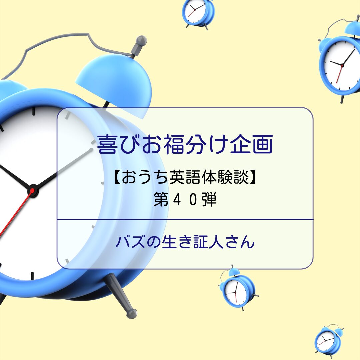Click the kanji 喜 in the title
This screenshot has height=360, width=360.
click(107, 144)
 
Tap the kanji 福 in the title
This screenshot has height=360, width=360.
click(174, 144)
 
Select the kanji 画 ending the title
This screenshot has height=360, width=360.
click(263, 144)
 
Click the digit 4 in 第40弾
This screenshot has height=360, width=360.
click(177, 200)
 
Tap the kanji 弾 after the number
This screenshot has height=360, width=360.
click(209, 199)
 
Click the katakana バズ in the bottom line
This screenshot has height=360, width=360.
click(130, 242)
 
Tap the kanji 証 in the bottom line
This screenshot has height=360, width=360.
click(200, 242)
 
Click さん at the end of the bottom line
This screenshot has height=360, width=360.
click(240, 242)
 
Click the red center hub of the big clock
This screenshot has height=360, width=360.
click(32, 191)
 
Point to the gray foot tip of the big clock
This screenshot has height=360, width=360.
click(132, 314)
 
